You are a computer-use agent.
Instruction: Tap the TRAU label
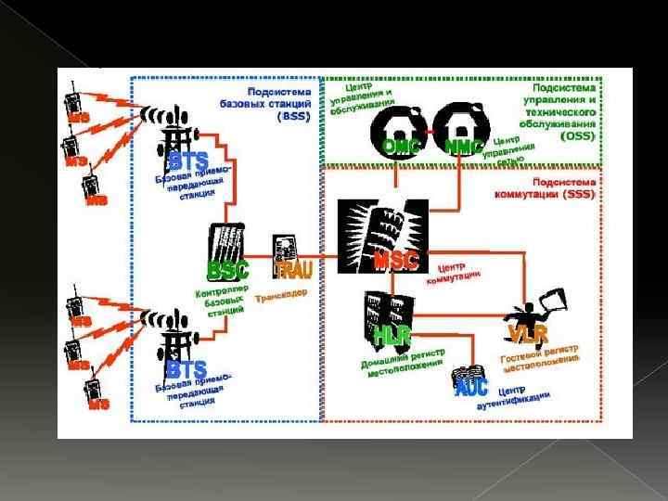tap(294, 270)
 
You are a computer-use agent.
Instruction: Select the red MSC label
tap(396, 261)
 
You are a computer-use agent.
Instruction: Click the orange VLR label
tap(527, 333)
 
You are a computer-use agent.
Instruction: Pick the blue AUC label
tap(471, 388)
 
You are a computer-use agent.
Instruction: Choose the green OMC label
tap(403, 147)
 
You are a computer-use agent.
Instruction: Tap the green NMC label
tap(464, 147)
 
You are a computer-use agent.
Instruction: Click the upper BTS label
tap(188, 162)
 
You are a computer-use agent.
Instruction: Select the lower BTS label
tap(186, 369)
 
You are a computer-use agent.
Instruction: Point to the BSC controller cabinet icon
tap(227, 244)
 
